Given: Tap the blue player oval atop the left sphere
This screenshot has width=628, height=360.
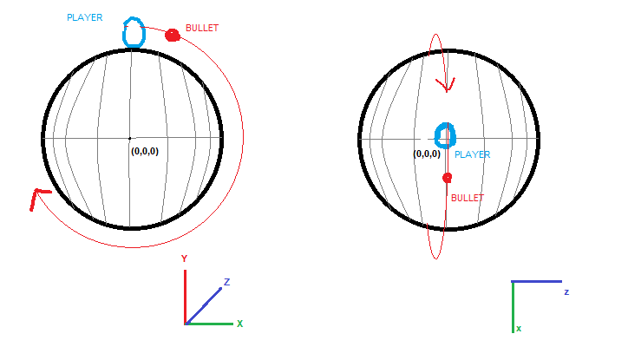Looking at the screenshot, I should point(134,32).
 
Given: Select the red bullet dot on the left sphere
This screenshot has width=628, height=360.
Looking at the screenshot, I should point(172,36).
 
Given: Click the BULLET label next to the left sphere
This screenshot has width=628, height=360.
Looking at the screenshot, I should point(202,29).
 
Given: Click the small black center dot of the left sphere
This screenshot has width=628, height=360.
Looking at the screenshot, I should point(130,138).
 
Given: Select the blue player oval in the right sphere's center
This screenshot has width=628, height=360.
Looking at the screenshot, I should point(444,135).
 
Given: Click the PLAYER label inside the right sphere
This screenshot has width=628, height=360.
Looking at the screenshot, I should point(473,154).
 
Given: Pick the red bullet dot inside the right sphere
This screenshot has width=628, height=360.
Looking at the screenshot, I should point(447,178).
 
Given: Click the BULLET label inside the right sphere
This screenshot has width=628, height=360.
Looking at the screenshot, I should point(466,198).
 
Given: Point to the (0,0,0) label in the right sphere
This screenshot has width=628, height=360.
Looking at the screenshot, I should point(427,154).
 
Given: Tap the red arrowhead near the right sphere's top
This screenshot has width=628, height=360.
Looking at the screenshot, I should point(448,85).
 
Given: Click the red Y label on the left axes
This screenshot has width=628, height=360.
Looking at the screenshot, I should point(184,259).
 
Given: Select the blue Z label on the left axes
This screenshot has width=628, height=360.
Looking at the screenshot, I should point(226,282).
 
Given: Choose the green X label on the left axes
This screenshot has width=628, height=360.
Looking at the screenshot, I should point(239,324).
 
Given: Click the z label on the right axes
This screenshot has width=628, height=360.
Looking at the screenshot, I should point(566,292).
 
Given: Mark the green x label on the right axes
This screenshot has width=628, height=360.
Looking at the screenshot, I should point(519,329).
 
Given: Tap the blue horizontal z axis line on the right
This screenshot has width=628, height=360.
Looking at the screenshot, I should point(537,282).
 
